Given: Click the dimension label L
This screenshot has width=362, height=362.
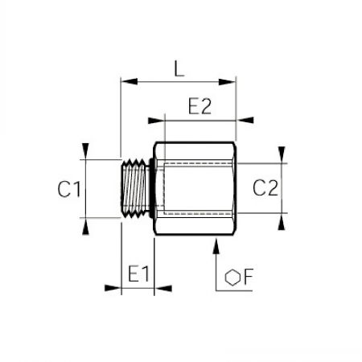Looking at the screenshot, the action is pos(179,68).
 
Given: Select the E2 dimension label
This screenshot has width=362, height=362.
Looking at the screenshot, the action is pos(200,106).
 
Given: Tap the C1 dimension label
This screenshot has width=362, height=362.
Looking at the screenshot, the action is pos(69,189).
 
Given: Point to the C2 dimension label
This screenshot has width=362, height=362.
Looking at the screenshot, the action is pos(265,187).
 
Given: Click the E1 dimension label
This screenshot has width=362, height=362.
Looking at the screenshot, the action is pos(138,274).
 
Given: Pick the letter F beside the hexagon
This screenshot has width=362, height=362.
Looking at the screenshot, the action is pos(249,277).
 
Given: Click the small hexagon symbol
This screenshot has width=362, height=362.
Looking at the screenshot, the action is pos(232,278).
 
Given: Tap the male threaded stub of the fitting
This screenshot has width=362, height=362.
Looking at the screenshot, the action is pos(134,188).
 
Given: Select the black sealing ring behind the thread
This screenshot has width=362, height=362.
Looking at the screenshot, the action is pos(151,188).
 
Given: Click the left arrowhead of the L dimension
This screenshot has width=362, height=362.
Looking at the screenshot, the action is pos(130,81).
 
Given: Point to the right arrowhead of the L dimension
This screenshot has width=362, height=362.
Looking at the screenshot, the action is pos(227,82).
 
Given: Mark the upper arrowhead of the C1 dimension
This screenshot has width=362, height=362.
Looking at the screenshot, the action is pos(85,151).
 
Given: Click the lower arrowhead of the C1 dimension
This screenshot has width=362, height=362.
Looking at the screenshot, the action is pos(85,226).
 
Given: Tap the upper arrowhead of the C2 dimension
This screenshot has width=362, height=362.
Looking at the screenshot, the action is pos(282,154).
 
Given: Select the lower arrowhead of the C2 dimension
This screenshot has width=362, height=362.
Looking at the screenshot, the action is pos(282,222).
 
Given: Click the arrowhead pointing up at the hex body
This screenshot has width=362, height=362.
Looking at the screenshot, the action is pos(216,246).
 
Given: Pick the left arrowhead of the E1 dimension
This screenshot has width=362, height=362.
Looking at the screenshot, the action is pos(113,288).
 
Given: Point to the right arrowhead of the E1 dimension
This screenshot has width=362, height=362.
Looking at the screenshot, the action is pos(163,289).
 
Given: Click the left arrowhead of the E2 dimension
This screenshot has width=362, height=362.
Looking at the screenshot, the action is pos(156,121).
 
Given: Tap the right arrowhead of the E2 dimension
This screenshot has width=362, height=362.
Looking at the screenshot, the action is pos(245,120).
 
